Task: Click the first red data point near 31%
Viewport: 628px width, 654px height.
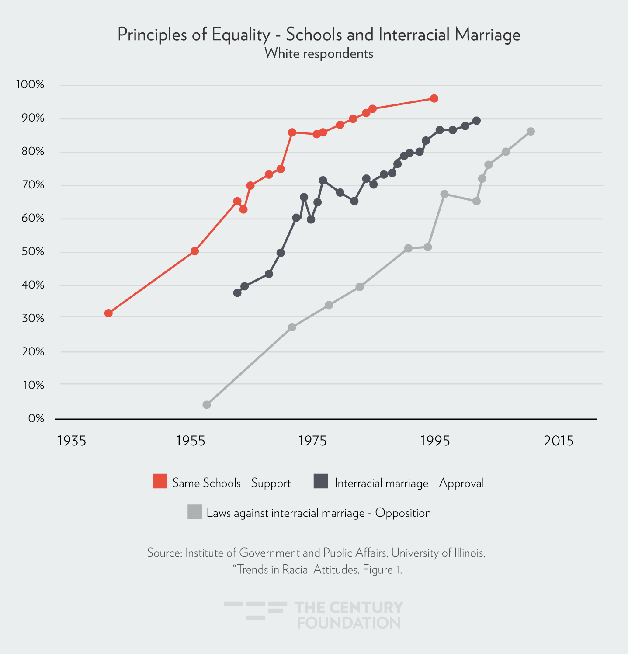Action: [x=108, y=313]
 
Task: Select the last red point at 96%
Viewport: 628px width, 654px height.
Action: [x=434, y=98]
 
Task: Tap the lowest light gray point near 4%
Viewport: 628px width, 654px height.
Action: [x=207, y=405]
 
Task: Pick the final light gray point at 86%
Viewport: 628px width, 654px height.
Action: [x=531, y=132]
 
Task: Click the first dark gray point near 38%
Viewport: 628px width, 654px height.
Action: [x=237, y=293]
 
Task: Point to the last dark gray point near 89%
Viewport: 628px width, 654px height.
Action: [x=477, y=121]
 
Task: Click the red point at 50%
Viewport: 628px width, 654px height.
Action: [x=195, y=251]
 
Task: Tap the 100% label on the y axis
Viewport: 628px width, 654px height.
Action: [x=30, y=85]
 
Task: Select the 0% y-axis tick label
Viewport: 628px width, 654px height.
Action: [x=36, y=419]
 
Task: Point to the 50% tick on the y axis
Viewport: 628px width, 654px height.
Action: [x=33, y=252]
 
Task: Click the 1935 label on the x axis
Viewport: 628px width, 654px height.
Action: [x=72, y=441]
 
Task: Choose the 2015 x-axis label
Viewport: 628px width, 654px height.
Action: [x=559, y=441]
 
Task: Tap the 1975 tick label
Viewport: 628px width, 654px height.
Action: [x=312, y=441]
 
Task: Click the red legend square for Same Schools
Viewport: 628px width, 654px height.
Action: [x=160, y=481]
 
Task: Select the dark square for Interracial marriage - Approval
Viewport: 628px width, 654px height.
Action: [x=321, y=481]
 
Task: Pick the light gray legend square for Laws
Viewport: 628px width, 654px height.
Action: [x=194, y=512]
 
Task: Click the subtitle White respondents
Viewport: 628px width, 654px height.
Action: [x=319, y=54]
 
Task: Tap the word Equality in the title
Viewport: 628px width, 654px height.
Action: [x=240, y=35]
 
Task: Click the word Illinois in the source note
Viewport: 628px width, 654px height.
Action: [x=468, y=553]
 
